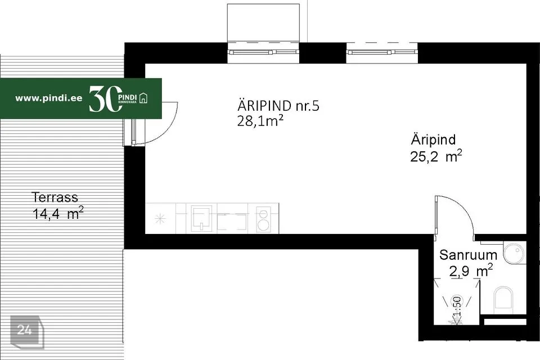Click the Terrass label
pyautogui.click(x=55, y=197)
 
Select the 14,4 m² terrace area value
pyautogui.click(x=58, y=213)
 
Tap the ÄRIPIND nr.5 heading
pyautogui.click(x=278, y=106)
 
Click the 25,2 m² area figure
pyautogui.click(x=436, y=156)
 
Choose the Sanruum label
pyautogui.click(x=468, y=254)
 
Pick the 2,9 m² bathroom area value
pyautogui.click(x=471, y=271)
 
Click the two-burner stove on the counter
pyautogui.click(x=263, y=219)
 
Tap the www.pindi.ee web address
pyautogui.click(x=49, y=98)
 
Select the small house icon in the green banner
pyautogui.click(x=144, y=98)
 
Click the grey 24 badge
pyautogui.click(x=25, y=330)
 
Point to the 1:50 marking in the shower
pyautogui.click(x=457, y=307)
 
